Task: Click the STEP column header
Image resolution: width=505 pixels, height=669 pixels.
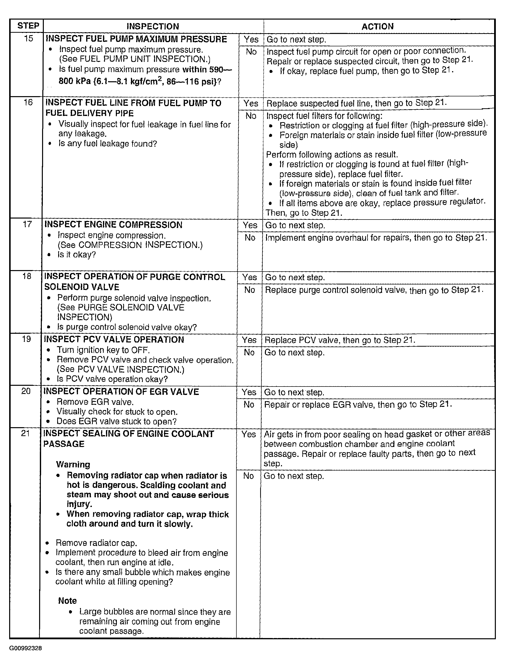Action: coord(28,26)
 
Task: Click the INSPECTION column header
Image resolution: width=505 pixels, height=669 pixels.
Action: coord(153,26)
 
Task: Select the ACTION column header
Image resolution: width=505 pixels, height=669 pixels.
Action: coord(378,26)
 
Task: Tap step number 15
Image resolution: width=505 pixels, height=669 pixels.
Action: coord(28,38)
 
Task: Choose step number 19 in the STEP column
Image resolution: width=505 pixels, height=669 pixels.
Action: coord(26,339)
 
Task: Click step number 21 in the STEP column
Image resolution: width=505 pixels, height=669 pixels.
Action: coord(26,433)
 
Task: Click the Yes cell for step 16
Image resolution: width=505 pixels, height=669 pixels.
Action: coord(251,103)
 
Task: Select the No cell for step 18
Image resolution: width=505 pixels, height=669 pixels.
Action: coord(250,290)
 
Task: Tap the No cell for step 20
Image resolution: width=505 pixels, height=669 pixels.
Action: coord(249,404)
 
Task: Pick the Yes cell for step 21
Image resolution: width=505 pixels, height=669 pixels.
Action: coord(249,434)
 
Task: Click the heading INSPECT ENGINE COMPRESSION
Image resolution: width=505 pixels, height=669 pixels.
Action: coord(113,225)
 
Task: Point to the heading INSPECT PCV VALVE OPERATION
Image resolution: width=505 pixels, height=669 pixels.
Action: coord(114,339)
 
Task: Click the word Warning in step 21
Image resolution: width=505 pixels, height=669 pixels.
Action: coord(73,464)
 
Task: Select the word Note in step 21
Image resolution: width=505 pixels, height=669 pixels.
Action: coord(67,600)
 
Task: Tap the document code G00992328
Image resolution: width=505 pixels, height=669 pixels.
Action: coord(26,648)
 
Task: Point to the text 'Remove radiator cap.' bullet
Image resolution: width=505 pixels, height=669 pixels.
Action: coord(96,543)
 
